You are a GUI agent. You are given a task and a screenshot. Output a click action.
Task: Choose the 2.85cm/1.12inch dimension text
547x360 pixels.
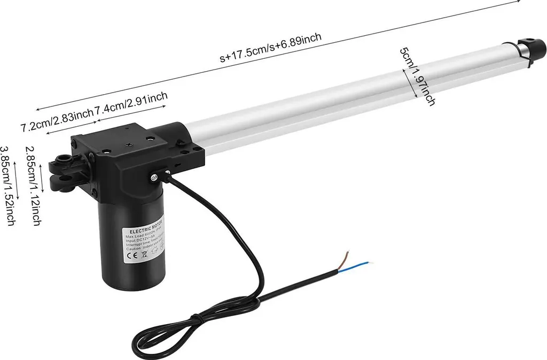33,186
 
